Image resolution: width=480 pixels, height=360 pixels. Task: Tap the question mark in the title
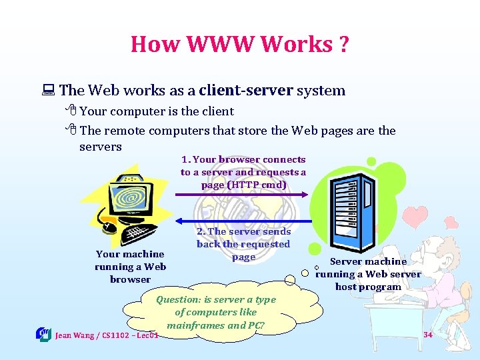pyautogui.click(x=343, y=44)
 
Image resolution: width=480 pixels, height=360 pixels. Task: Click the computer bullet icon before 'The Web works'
pyautogui.click(x=49, y=91)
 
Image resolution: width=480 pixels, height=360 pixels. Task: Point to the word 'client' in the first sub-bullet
pyautogui.click(x=213, y=111)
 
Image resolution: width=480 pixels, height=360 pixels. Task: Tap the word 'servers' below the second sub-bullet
pyautogui.click(x=100, y=146)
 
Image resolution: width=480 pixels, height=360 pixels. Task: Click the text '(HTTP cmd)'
pyautogui.click(x=243, y=185)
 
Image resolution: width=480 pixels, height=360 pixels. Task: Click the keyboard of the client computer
pyautogui.click(x=140, y=233)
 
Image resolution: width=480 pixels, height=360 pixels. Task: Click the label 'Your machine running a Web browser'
pyautogui.click(x=130, y=266)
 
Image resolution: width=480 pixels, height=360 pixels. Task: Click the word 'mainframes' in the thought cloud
pyautogui.click(x=195, y=325)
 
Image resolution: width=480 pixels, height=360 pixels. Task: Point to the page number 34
pyautogui.click(x=427, y=334)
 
